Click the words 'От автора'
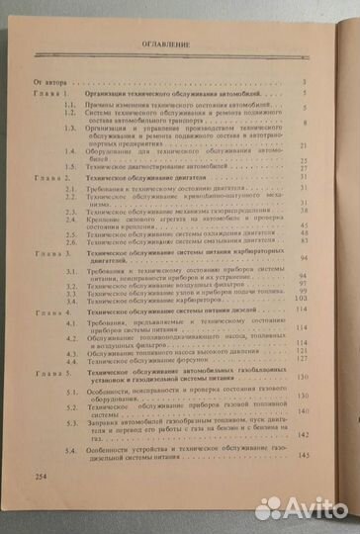(50, 81)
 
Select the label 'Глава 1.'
(54, 92)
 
